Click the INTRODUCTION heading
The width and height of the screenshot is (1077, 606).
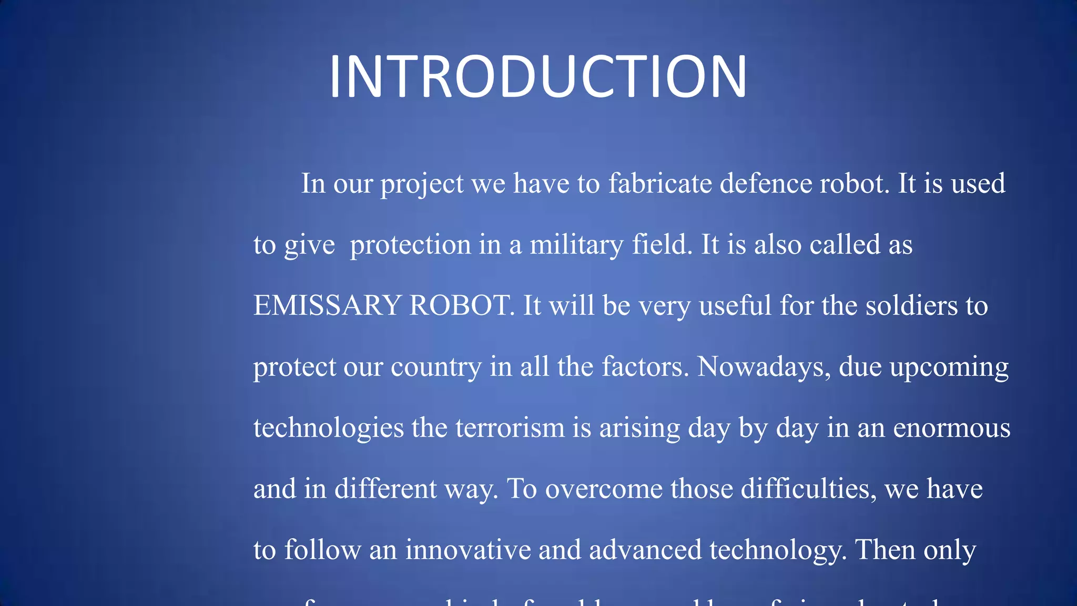pyautogui.click(x=537, y=76)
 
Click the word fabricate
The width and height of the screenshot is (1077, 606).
pyautogui.click(x=660, y=184)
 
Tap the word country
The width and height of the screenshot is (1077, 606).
pyautogui.click(x=436, y=367)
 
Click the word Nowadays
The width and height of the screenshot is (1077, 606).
pyautogui.click(x=764, y=367)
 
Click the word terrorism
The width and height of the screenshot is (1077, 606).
pyautogui.click(x=510, y=428)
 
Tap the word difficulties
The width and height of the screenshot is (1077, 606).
pyautogui.click(x=808, y=489)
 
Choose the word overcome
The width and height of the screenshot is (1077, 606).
pyautogui.click(x=604, y=490)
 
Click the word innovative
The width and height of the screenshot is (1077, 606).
pyautogui.click(x=468, y=550)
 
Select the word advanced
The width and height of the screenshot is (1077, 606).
pyautogui.click(x=645, y=550)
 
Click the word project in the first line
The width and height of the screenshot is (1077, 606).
pyautogui.click(x=422, y=185)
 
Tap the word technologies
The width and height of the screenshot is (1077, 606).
pyautogui.click(x=329, y=428)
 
